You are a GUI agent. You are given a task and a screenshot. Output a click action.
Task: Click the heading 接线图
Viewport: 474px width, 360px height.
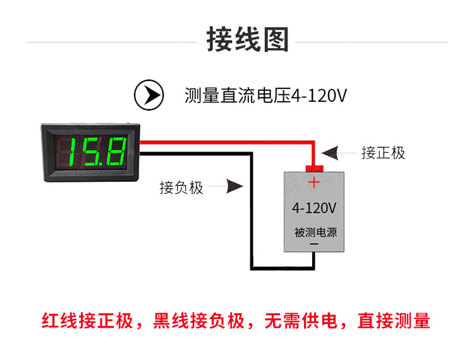point(248,40)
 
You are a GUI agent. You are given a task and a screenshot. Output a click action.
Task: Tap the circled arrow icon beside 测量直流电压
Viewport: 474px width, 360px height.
point(149,95)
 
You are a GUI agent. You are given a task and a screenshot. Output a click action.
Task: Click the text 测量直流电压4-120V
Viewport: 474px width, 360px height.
point(265,96)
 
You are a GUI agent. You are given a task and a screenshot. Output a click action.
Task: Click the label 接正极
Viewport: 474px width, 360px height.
point(383,153)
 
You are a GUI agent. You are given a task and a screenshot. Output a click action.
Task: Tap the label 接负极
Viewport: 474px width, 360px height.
point(181,188)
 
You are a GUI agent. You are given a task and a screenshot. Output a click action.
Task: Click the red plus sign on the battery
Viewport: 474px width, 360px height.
point(314,183)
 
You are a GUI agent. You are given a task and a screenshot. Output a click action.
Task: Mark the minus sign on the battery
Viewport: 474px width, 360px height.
point(314,244)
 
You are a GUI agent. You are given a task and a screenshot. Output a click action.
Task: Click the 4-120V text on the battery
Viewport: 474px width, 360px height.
point(314,208)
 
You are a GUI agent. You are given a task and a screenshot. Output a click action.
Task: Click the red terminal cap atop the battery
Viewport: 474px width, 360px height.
point(314,168)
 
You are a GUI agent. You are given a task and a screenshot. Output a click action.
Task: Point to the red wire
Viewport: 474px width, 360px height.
point(228,143)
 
